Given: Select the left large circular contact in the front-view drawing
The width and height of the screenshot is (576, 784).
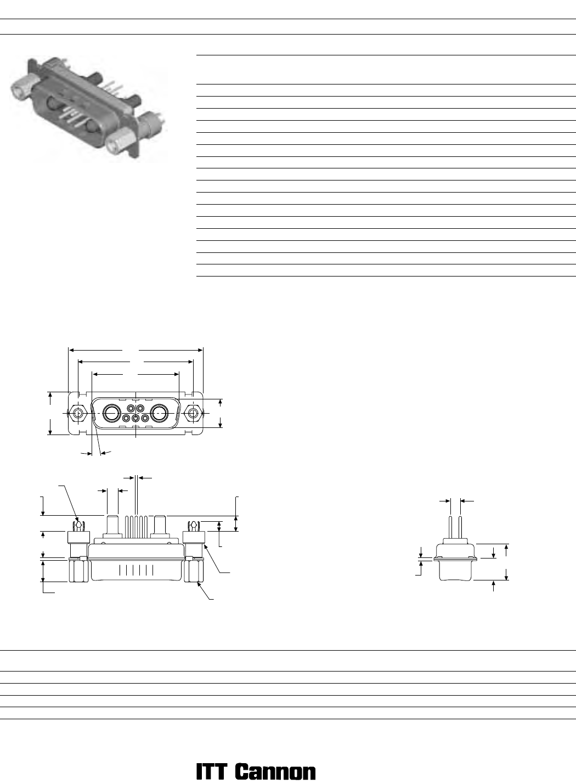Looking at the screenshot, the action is pos(111,413).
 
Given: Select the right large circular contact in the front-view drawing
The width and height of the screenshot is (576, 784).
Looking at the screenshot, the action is pos(160,413).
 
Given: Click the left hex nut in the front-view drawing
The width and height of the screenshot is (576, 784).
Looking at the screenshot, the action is pos(78,413).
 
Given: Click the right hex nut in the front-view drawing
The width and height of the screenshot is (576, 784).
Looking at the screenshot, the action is pos(193,413).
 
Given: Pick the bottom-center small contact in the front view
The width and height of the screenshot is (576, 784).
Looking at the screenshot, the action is pos(136,418).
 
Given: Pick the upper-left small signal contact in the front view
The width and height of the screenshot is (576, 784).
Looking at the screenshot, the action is pos(131,408).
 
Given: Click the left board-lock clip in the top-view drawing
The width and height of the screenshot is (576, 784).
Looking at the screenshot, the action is pos(79,526).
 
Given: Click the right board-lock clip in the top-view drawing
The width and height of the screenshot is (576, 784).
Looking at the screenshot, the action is pos(193,526).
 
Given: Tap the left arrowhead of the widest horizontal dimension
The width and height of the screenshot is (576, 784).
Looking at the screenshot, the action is pos(71,350).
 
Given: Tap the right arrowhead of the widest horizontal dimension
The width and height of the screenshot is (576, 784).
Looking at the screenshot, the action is pos(201,350).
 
